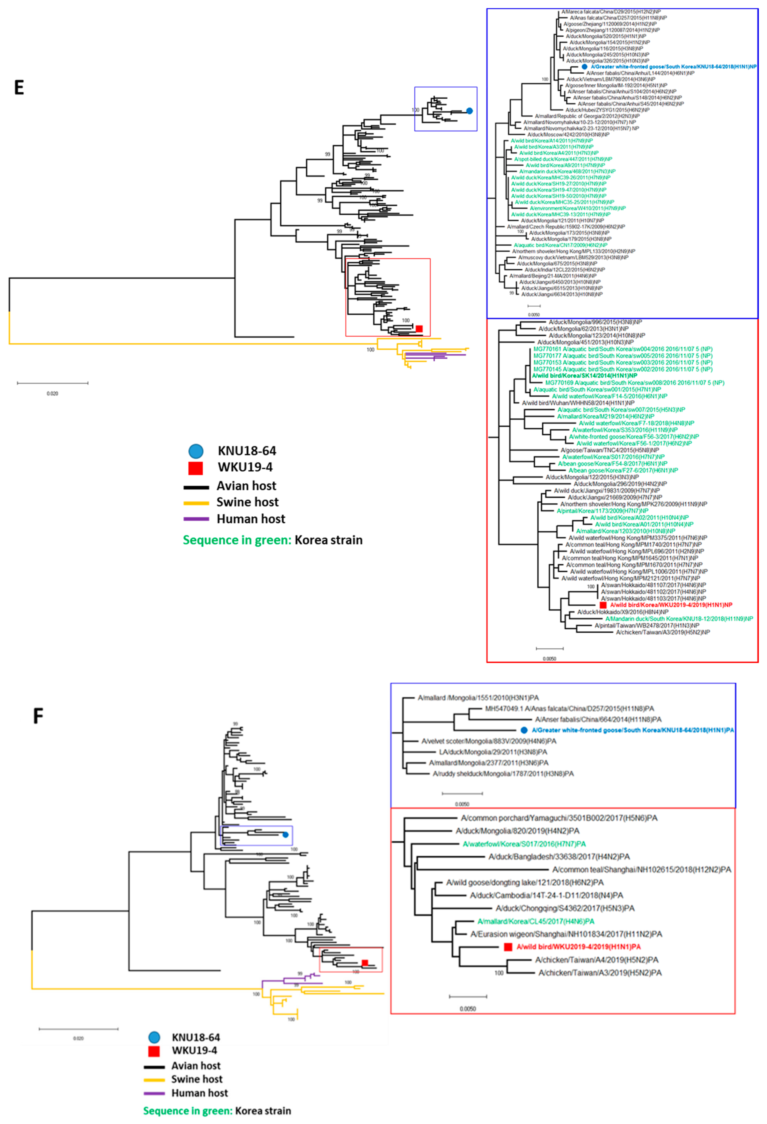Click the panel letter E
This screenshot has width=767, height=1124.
(x=19, y=88)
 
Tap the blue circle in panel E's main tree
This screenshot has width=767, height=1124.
(x=469, y=111)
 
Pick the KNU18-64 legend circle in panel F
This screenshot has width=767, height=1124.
(x=154, y=1037)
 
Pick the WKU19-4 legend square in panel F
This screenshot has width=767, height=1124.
(x=154, y=1050)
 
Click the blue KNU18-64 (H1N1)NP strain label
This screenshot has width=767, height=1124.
(x=673, y=67)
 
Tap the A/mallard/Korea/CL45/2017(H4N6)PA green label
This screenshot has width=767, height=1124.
(x=535, y=921)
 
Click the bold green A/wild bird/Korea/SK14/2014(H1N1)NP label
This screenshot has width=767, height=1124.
(x=584, y=376)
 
